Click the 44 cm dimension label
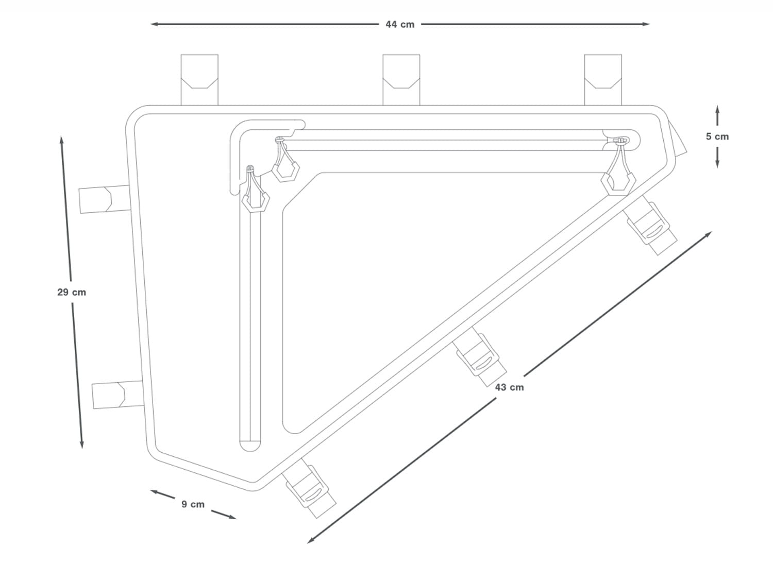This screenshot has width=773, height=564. pyautogui.click(x=400, y=25)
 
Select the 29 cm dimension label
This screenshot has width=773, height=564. pyautogui.click(x=72, y=292)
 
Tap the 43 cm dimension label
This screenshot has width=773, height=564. pyautogui.click(x=509, y=387)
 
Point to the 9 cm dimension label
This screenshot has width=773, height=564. pyautogui.click(x=193, y=504)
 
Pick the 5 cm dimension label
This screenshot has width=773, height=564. pyautogui.click(x=717, y=136)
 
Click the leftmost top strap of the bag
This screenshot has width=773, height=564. pyautogui.click(x=199, y=80)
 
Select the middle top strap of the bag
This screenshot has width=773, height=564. pyautogui.click(x=401, y=80)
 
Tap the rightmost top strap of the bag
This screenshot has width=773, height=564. pyautogui.click(x=603, y=80)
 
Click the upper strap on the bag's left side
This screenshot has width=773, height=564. pyautogui.click(x=105, y=199)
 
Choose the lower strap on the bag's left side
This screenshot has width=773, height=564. pyautogui.click(x=118, y=395)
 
